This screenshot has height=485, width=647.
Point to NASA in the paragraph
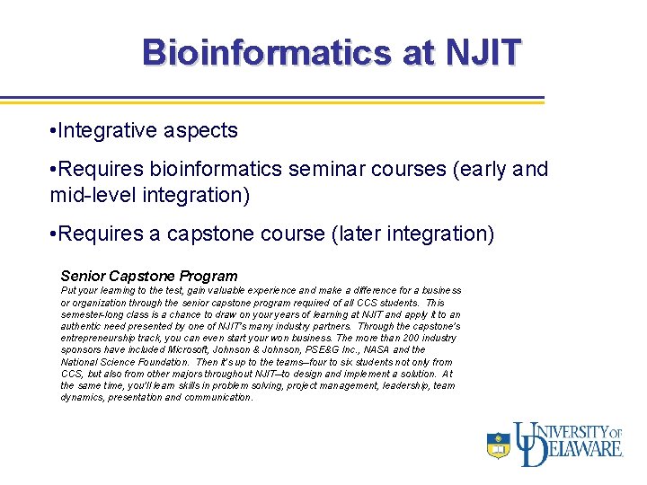tap(377, 350)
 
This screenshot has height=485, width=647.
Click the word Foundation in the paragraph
tap(161, 362)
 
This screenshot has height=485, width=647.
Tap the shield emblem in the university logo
tap(498, 445)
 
